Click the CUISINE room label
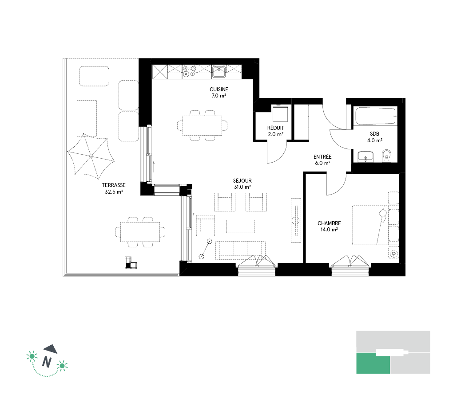(x=219, y=90)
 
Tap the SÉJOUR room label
(x=242, y=180)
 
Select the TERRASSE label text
(x=114, y=185)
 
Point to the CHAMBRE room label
(x=329, y=223)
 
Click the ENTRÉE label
(x=322, y=156)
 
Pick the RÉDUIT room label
(x=276, y=128)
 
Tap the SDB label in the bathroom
(x=375, y=134)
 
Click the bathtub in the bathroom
(x=376, y=116)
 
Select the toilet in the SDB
(x=386, y=156)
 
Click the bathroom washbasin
(x=366, y=156)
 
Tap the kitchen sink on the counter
(x=219, y=71)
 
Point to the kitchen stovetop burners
(x=190, y=71)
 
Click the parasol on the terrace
(x=91, y=156)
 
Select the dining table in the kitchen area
(x=202, y=126)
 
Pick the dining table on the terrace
(x=140, y=232)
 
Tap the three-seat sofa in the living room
(x=240, y=250)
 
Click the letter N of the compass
(x=47, y=362)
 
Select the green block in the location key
(x=373, y=363)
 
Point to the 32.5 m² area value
(x=114, y=191)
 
